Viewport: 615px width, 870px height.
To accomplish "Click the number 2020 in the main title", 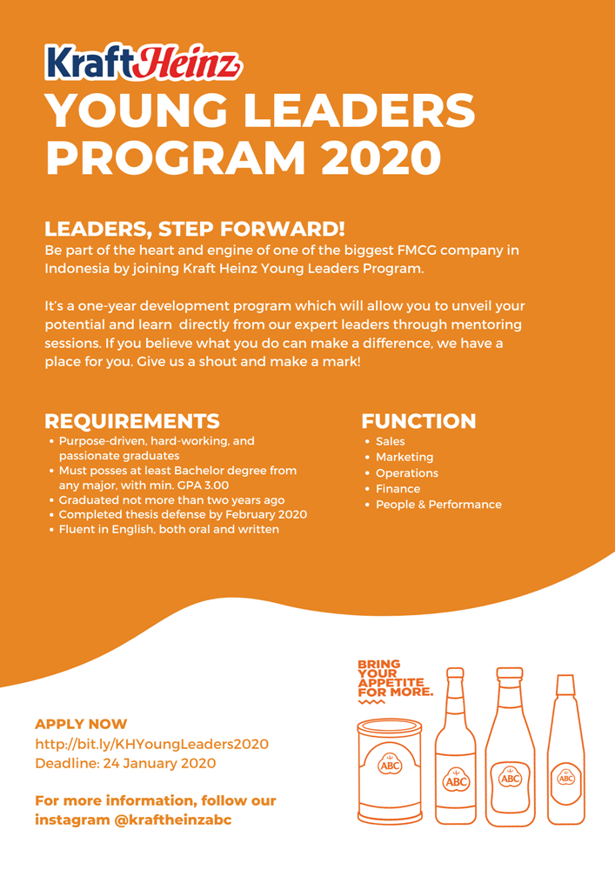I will coord(378,157).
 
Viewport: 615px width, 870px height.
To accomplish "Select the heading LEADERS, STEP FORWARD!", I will coord(195,230).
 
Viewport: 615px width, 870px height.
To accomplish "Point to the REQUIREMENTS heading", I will coord(132,422).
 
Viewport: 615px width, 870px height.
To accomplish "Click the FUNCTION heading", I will coord(418,422).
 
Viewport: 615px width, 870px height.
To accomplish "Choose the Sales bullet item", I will coord(390,442).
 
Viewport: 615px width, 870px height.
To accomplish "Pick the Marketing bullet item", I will coord(404,458).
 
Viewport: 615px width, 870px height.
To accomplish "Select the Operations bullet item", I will coord(406,473).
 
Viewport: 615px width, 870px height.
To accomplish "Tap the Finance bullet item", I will coord(398,489).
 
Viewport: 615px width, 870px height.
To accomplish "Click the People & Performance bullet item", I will coord(438,505).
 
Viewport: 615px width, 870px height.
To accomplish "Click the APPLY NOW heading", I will coord(81,724).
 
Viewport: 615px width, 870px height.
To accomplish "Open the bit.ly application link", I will coord(151,745).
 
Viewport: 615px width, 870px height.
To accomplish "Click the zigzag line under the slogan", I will coord(371,702).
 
